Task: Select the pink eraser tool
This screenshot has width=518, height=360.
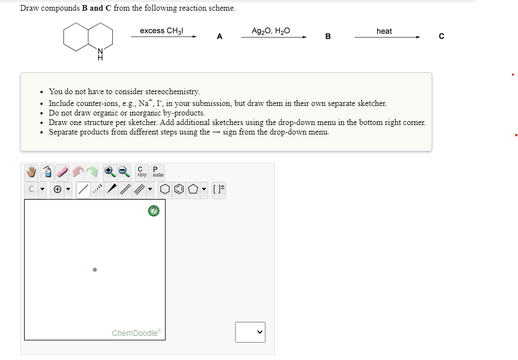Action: click(x=62, y=172)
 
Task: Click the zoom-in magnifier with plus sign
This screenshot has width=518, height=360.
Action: click(x=109, y=172)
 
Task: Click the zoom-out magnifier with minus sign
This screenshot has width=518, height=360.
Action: click(x=124, y=172)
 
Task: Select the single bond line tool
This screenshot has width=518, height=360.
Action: click(x=82, y=190)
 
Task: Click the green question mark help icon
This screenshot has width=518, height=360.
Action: click(x=153, y=211)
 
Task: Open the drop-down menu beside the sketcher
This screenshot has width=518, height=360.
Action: click(x=250, y=332)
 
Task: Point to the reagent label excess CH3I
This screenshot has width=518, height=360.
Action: click(x=162, y=31)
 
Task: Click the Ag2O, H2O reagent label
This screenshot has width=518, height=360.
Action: click(x=271, y=31)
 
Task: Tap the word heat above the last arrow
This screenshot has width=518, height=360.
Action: click(x=384, y=31)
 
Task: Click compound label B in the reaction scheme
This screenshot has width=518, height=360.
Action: click(x=328, y=37)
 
